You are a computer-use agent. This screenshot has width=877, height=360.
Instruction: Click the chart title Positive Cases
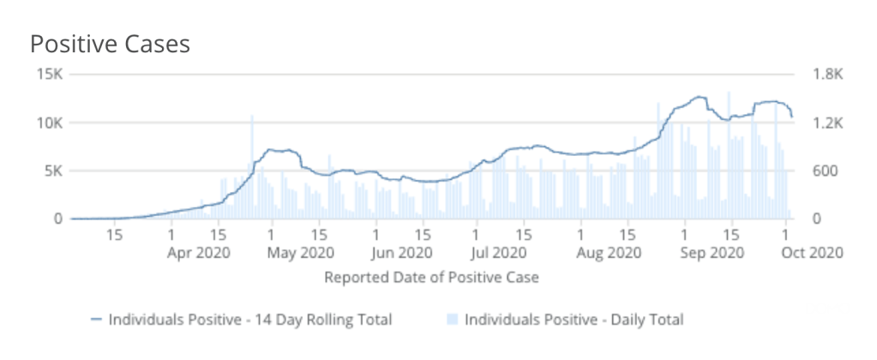[x=110, y=44]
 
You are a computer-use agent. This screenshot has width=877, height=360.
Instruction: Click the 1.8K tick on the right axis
[x=828, y=75]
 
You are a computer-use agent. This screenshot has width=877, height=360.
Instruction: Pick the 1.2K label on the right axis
[x=828, y=123]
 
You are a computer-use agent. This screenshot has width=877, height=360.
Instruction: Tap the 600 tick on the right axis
[x=824, y=171]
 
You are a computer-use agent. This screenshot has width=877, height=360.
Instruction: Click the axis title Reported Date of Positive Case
[x=431, y=278]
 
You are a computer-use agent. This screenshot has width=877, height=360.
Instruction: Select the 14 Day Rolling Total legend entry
[x=249, y=320]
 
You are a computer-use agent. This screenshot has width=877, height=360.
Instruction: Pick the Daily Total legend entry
[x=574, y=320]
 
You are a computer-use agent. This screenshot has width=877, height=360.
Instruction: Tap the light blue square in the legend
[x=452, y=320]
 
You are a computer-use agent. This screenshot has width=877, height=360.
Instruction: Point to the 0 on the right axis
[x=816, y=219]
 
